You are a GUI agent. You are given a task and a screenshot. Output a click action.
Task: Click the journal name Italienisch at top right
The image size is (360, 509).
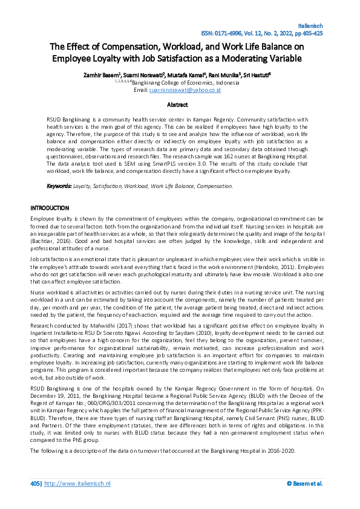pos(311,27)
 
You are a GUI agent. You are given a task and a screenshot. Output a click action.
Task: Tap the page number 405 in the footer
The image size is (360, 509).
pos(35,484)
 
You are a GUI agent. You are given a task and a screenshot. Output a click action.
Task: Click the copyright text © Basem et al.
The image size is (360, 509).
pos(304,484)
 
